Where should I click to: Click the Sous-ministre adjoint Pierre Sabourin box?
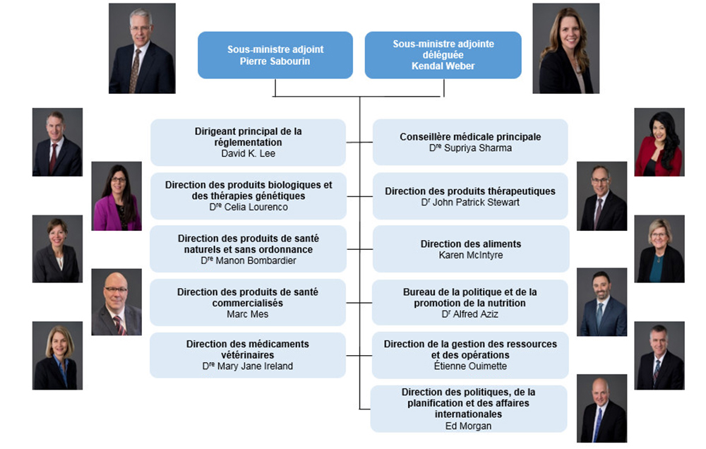point(275,55)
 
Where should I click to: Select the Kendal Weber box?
point(443,55)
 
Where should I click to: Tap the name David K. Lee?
point(248,153)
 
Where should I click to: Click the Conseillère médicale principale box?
point(469,142)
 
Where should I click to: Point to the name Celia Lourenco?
point(248,207)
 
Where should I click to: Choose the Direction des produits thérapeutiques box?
point(469,196)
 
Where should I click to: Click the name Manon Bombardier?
point(248,261)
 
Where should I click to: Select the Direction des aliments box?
point(470,249)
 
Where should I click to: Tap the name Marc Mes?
point(247,314)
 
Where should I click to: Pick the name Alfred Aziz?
point(469,314)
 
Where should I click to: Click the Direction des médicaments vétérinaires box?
point(247,355)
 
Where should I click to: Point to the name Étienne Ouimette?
point(470,366)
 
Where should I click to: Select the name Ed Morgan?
point(469,426)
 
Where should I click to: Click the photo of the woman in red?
point(659,142)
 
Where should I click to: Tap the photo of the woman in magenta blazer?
point(116,196)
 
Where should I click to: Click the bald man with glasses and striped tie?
point(116,302)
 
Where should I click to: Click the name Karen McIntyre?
point(470,255)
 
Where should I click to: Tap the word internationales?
point(469,414)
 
